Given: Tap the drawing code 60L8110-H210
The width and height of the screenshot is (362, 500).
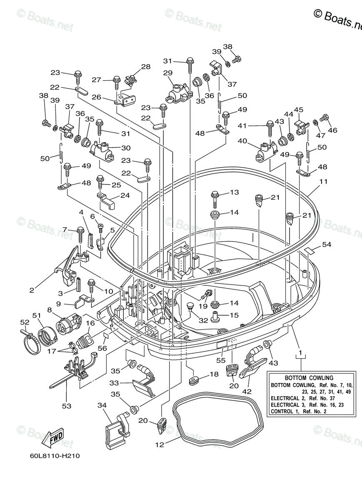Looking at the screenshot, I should [x=49, y=455].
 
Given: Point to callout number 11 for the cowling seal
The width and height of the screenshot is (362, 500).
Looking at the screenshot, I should [x=324, y=182].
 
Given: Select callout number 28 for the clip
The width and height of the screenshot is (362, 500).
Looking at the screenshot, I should [x=145, y=67].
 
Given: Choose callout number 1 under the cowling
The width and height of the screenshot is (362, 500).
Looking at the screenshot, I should [x=299, y=345].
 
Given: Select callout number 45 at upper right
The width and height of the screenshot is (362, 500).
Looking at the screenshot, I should [x=299, y=110].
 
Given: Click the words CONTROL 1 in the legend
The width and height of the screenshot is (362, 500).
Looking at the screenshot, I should [x=285, y=412].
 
